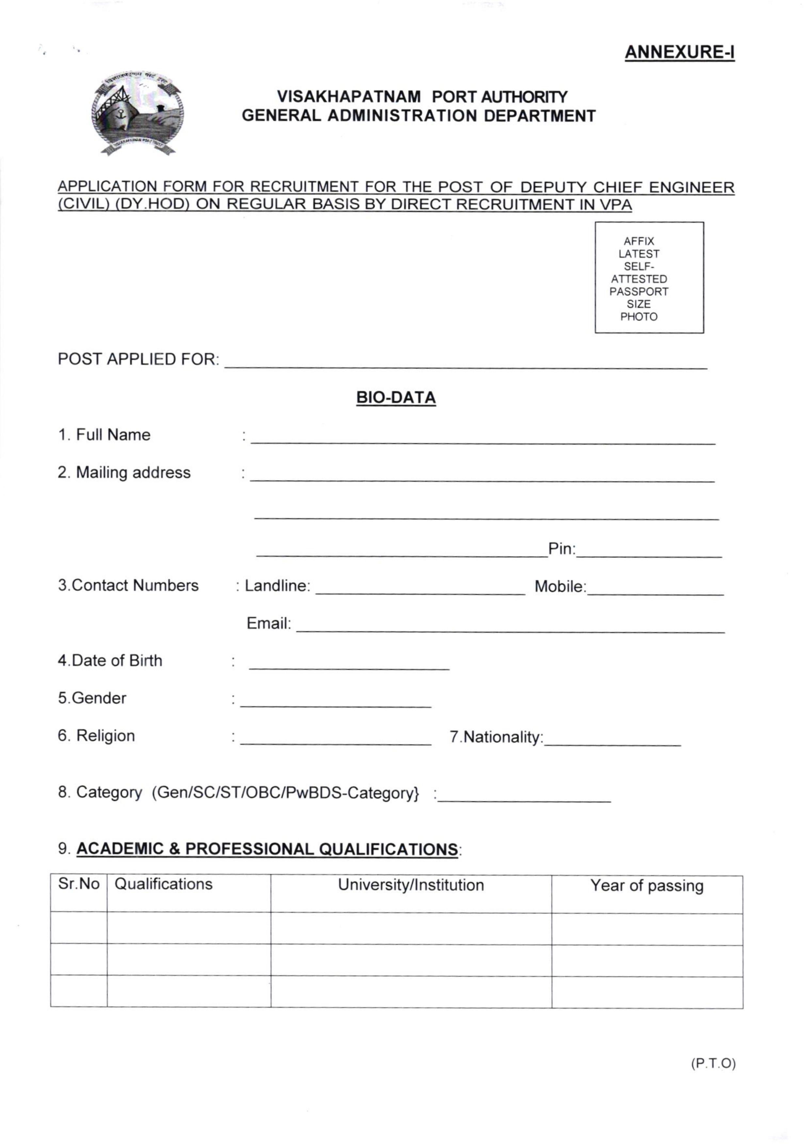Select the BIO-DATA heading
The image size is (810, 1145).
point(396,398)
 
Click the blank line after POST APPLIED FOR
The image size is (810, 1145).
point(466,363)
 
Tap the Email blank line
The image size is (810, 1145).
point(510,627)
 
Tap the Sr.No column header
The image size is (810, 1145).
point(79,884)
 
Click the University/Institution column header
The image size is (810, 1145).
point(411,885)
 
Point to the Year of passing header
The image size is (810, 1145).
point(647,886)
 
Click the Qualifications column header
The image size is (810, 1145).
point(164,884)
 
